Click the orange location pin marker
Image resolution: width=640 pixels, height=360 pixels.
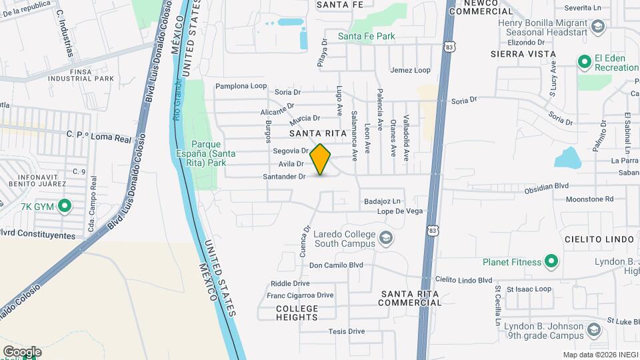[x=321, y=159]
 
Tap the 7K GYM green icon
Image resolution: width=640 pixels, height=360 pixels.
[x=65, y=206]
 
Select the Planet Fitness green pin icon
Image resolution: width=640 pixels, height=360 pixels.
[x=551, y=262]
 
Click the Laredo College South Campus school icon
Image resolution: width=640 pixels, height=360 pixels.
[x=385, y=238]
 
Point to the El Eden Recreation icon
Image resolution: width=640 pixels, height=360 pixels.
[x=585, y=62]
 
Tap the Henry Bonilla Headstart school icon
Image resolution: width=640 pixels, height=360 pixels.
[x=597, y=27]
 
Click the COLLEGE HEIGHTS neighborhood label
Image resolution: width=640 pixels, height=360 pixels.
[x=297, y=313]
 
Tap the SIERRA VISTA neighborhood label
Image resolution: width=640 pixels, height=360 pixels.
[x=523, y=53]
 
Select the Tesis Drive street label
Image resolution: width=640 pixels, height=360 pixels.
[x=347, y=331]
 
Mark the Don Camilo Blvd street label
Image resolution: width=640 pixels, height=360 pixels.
[x=336, y=265]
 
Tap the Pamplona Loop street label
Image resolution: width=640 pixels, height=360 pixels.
[x=241, y=86]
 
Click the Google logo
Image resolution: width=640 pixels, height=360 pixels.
[x=22, y=352]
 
